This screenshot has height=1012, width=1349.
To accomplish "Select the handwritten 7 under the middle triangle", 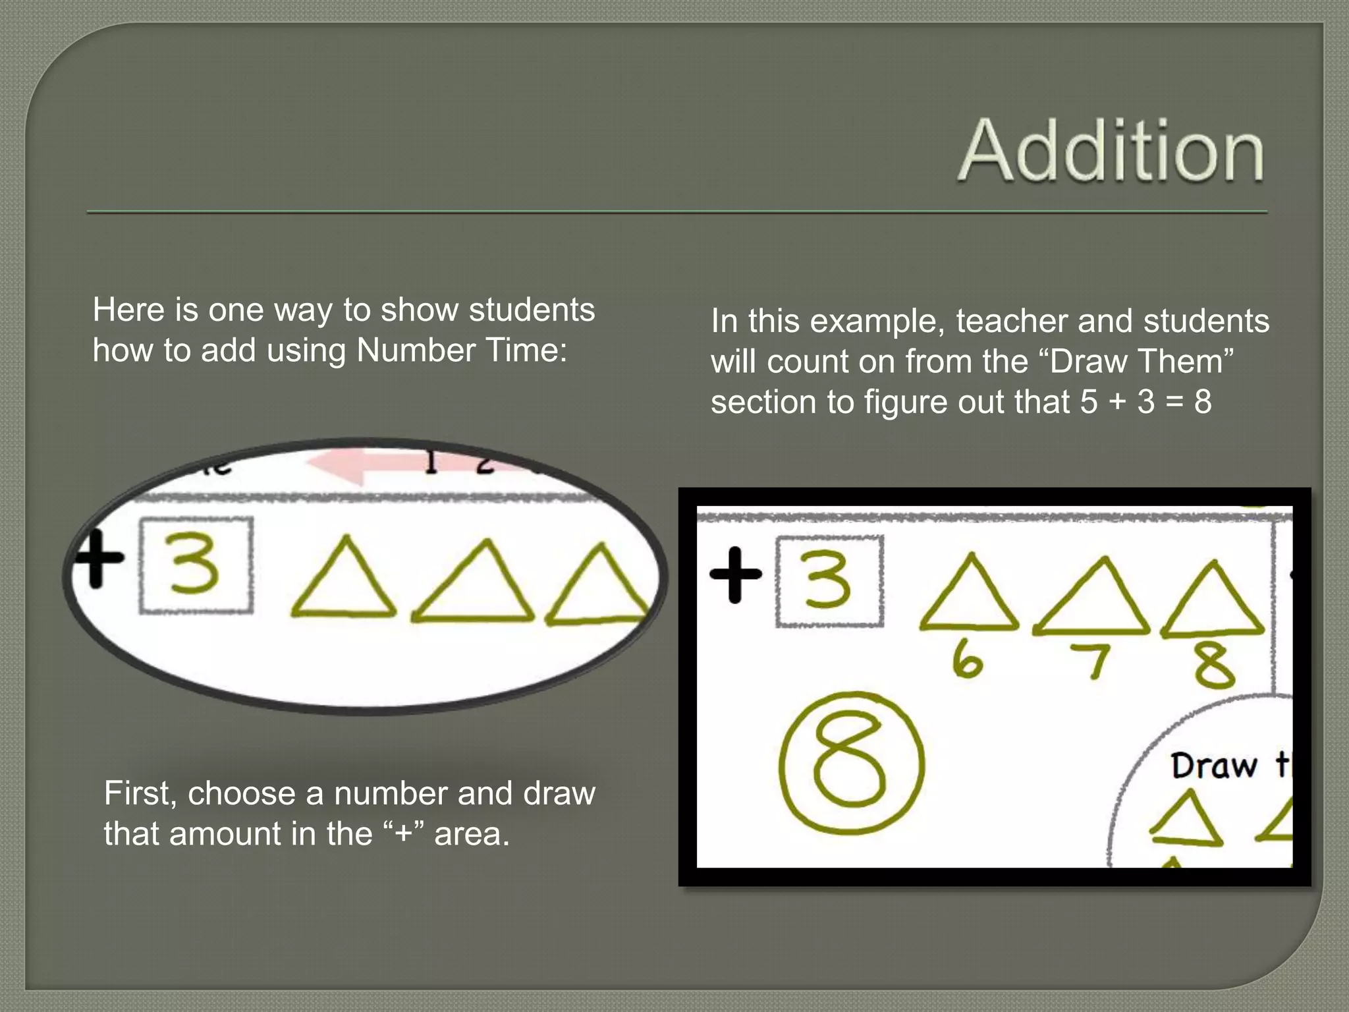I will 1092,660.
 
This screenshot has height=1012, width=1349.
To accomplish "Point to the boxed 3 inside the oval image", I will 195,565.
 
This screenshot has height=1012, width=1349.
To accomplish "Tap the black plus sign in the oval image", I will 97,559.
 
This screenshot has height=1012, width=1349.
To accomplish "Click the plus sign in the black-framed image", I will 735,575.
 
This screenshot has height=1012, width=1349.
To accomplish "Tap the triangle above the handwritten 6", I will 968,595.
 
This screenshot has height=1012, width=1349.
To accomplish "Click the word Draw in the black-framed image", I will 1213,766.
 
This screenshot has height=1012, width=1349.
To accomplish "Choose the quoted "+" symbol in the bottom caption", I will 403,834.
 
